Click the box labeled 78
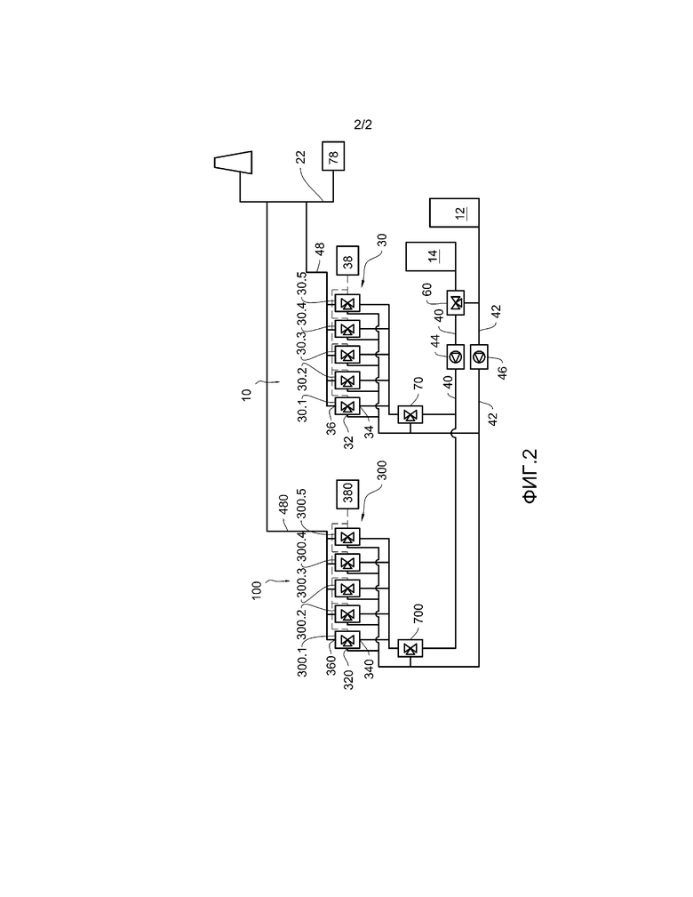333,156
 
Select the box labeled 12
455,212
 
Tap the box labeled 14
431,256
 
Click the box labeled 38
347,260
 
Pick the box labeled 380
347,494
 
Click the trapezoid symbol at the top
234,162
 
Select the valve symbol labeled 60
456,302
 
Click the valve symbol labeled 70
410,415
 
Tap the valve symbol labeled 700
410,648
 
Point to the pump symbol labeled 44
456,357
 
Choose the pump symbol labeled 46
479,357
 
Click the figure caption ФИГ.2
530,476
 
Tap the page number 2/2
363,124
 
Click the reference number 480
283,506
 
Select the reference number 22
301,157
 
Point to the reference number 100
257,589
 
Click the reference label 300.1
302,661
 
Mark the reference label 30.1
302,409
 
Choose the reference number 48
320,250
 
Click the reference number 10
246,395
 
